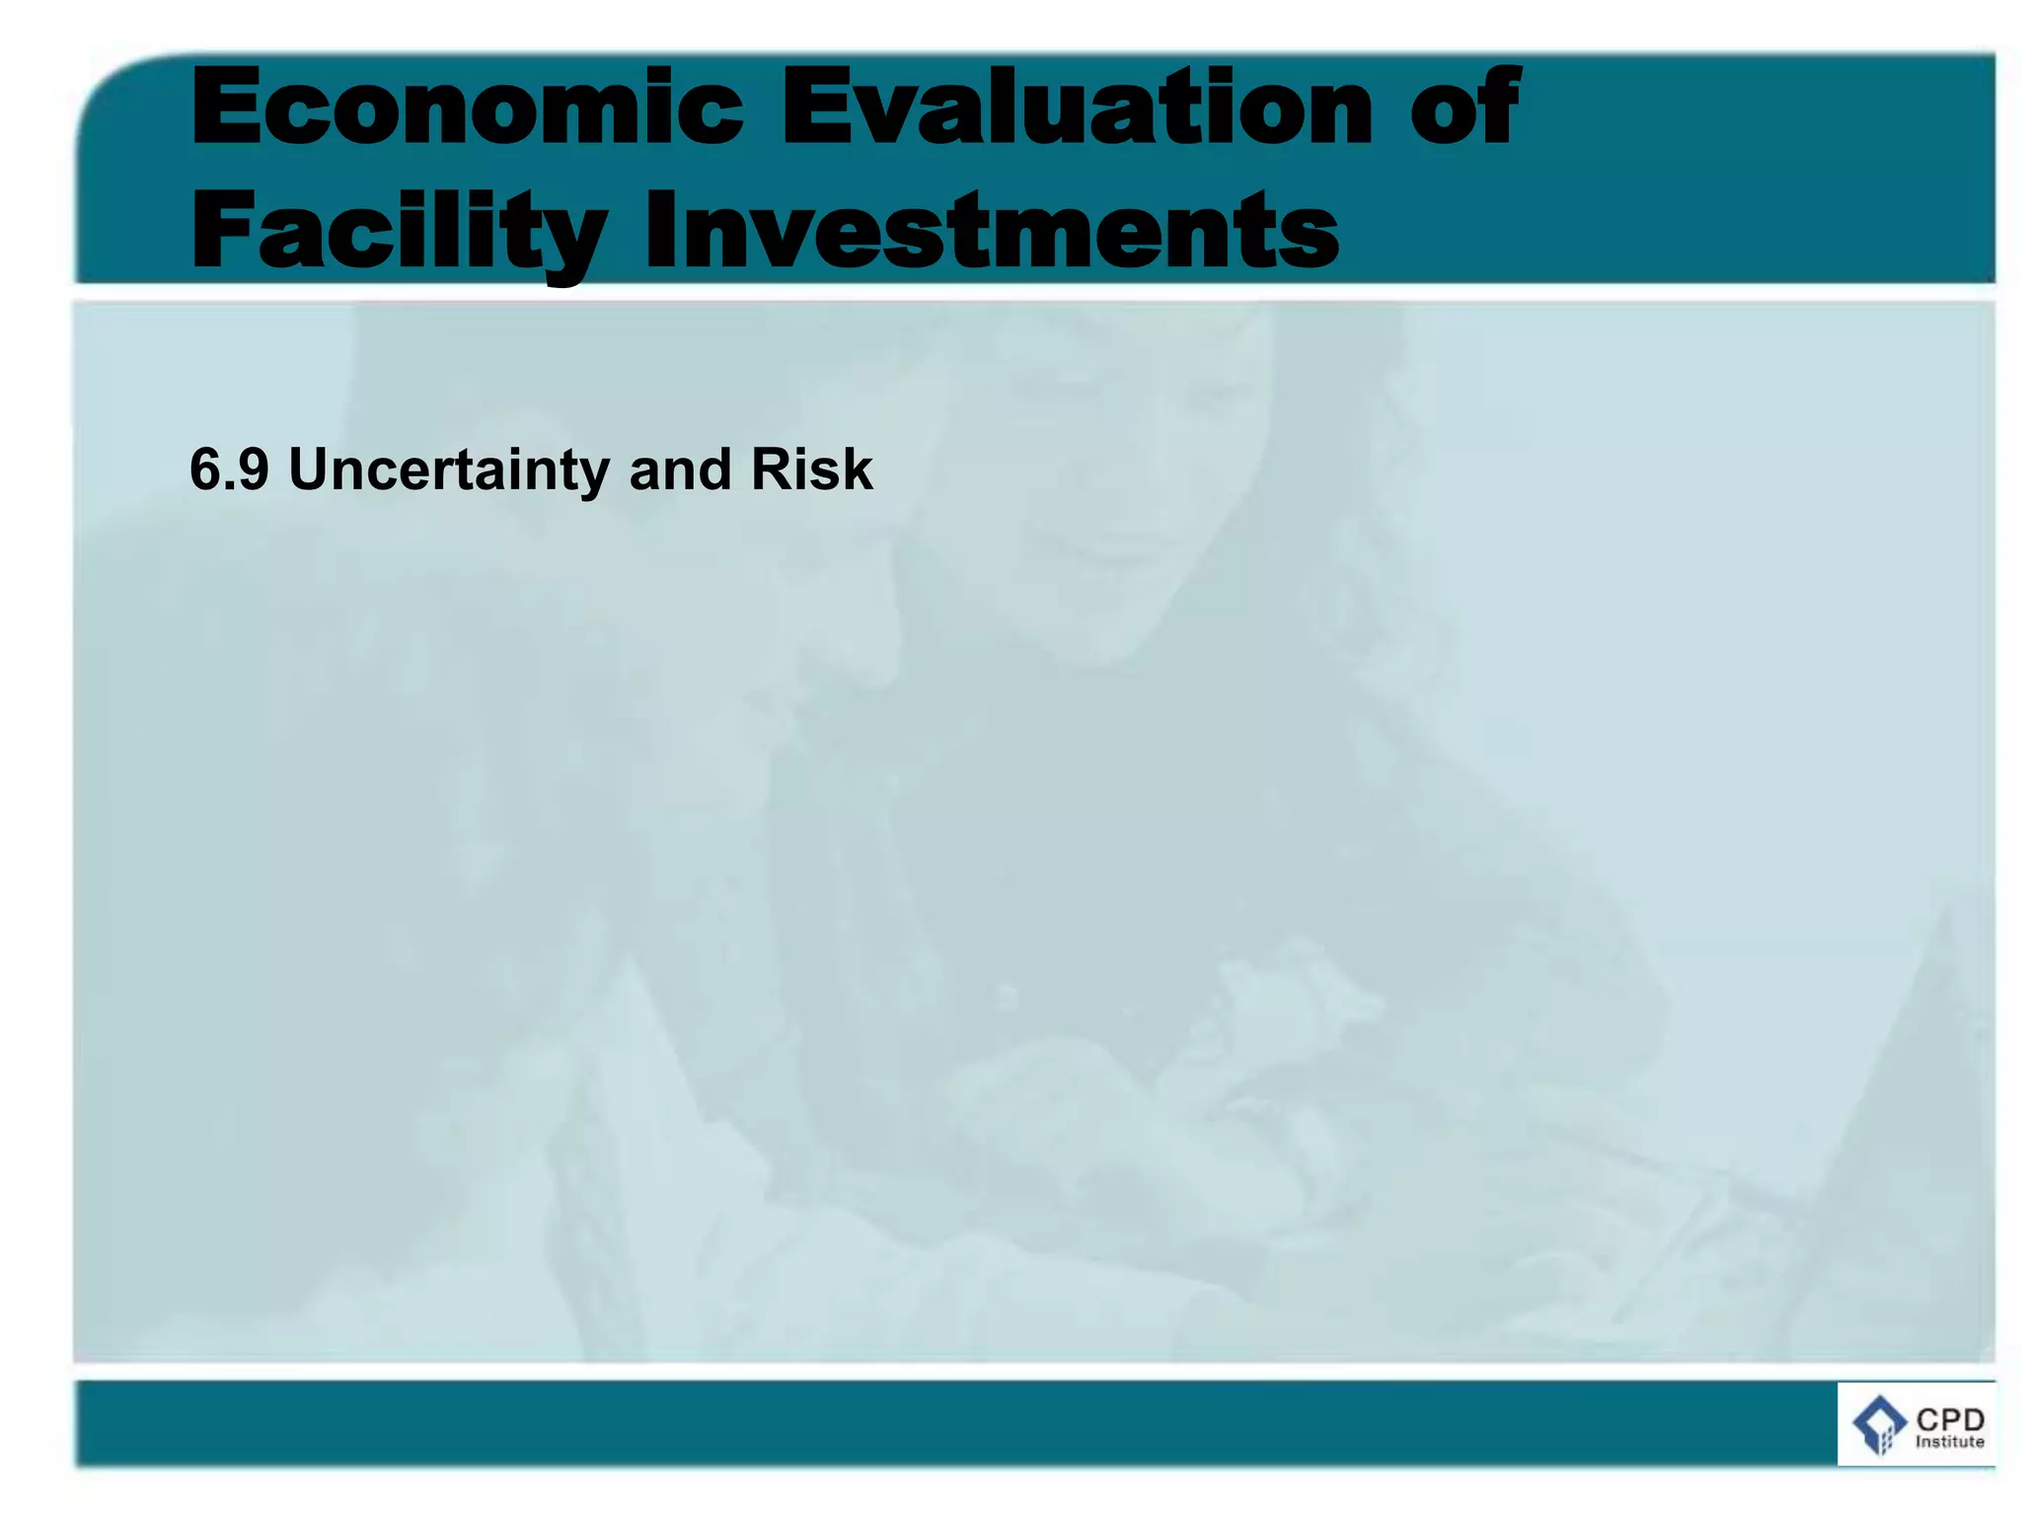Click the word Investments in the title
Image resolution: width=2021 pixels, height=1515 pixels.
coord(991,232)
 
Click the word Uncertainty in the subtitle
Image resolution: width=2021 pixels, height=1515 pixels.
coord(449,469)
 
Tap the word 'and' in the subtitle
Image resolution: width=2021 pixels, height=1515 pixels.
coord(679,469)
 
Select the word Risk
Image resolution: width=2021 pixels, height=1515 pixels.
coord(811,469)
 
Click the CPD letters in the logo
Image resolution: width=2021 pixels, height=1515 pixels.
coord(1949,1419)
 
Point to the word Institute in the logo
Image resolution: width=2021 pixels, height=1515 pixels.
coord(1949,1442)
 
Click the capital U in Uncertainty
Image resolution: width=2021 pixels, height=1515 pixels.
coord(312,469)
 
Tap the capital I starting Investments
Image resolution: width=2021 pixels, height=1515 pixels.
coord(661,232)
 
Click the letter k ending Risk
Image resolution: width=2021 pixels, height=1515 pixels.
coord(857,469)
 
